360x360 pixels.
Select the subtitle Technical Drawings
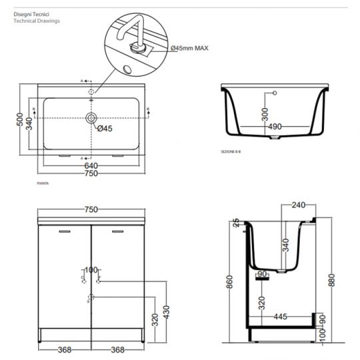(x=37, y=21)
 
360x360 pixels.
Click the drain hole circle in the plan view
(x=91, y=119)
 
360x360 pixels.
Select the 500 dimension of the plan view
(x=20, y=120)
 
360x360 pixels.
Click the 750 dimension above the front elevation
(x=91, y=209)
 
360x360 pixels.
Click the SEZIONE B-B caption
(x=233, y=153)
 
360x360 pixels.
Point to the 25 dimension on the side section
(x=235, y=224)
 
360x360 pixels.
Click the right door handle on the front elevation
(x=119, y=232)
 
